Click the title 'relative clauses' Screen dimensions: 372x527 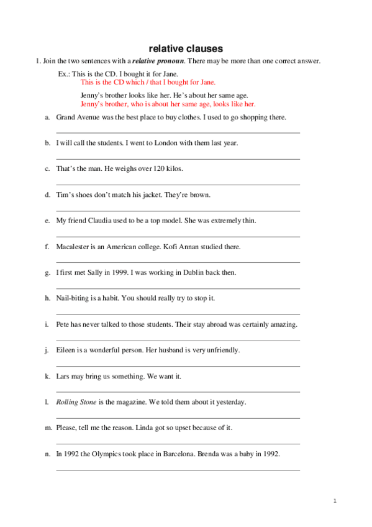pos(186,48)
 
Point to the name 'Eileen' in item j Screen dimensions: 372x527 pos(66,351)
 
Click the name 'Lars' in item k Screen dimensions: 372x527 pos(62,377)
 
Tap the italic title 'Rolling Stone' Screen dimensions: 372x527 pos(76,402)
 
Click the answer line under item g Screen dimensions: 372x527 pos(178,288)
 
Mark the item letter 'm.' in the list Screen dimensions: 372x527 pos(48,428)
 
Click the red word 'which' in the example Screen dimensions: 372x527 pos(133,82)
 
